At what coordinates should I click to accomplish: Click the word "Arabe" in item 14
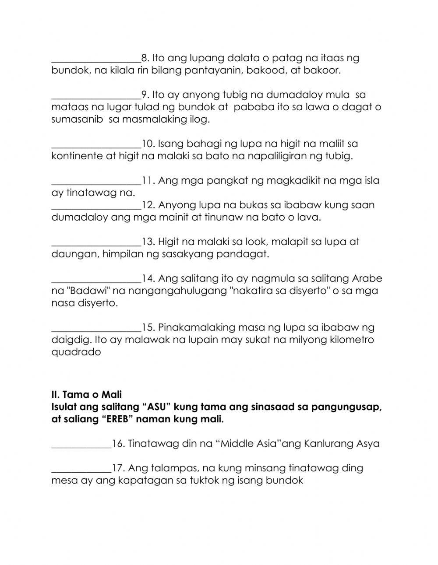[x=366, y=279]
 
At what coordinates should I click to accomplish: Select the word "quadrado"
[x=76, y=352]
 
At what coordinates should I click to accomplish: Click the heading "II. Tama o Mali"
[x=86, y=395]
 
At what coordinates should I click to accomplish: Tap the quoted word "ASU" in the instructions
[x=157, y=407]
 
